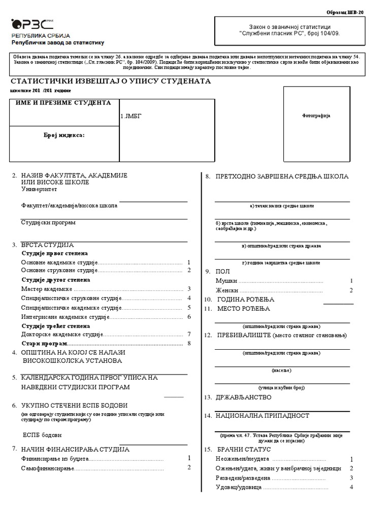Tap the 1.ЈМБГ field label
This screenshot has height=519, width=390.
point(131,117)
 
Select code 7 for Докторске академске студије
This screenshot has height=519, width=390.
point(188,335)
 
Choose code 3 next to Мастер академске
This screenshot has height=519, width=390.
point(188,289)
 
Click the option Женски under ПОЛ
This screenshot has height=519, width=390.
point(227,290)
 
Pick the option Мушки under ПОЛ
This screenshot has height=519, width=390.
point(226,281)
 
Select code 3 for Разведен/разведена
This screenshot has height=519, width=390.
point(351,477)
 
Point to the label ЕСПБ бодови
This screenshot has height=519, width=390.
point(42,435)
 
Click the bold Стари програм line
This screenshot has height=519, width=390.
point(40,344)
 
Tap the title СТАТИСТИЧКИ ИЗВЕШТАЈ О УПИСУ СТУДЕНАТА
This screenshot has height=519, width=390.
point(110,81)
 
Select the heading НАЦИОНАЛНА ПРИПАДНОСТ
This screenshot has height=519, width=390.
point(263,416)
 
